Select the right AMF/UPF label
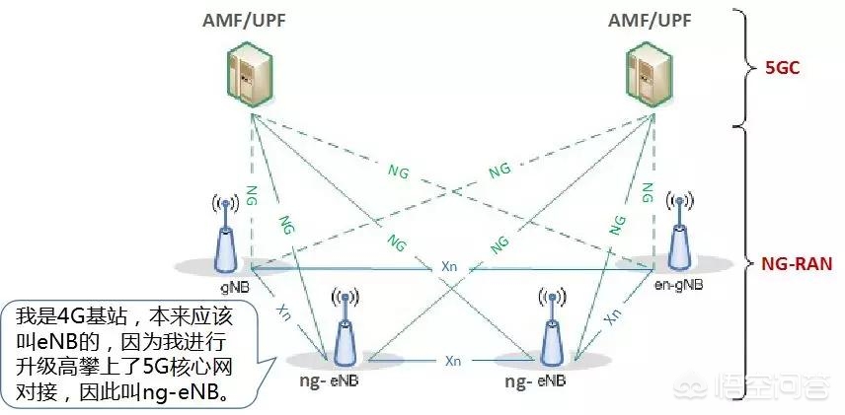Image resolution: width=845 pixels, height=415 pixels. (649, 21)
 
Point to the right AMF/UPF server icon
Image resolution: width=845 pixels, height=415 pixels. (649, 75)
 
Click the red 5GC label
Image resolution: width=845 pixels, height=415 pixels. (782, 71)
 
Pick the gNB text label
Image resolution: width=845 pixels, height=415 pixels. (233, 281)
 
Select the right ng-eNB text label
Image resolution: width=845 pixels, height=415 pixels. (536, 380)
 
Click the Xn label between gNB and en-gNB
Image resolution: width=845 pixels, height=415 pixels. (449, 267)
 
